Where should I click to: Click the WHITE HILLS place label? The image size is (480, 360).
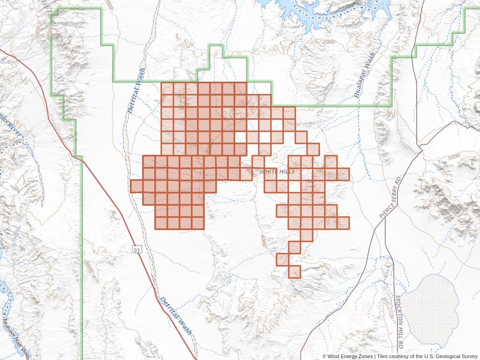coord(277,172)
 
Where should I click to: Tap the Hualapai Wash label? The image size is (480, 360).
coord(365,75)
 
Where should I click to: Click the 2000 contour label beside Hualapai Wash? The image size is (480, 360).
coord(330,42)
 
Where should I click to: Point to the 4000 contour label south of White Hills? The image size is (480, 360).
coord(264,242)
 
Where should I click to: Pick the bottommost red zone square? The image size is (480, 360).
coord(295,272)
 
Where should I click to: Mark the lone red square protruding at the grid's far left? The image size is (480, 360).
coord(136,186)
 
